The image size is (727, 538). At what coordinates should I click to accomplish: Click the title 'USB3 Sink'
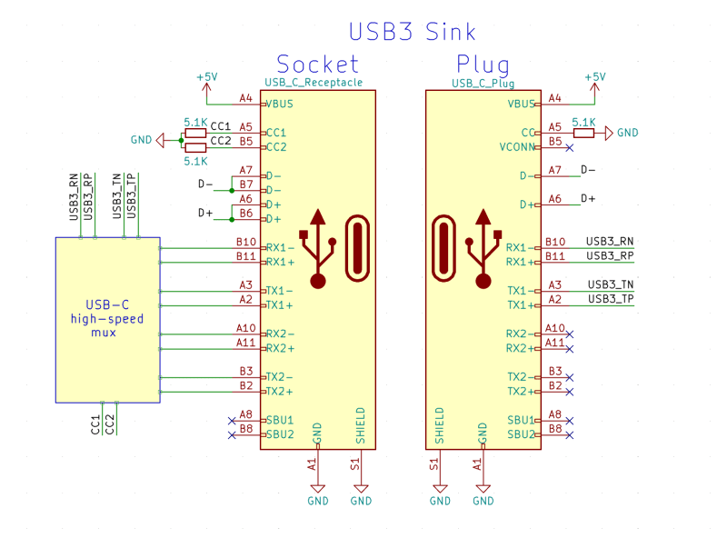pos(412,32)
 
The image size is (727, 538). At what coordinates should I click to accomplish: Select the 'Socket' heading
pos(317,64)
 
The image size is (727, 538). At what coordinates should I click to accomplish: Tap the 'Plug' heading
pos(483,64)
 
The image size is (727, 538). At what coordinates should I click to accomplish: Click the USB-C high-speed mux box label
pos(106,318)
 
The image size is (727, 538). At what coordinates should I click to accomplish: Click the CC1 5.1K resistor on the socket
pos(195,133)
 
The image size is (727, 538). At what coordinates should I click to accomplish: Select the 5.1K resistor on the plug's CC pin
pos(583,133)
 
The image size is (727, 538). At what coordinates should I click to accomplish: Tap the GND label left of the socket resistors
pos(142,140)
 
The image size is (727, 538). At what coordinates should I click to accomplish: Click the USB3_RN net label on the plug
pos(610,242)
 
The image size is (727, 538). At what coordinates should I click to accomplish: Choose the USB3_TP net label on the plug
pos(611,299)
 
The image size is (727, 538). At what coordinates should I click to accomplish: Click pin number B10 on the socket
pos(245,242)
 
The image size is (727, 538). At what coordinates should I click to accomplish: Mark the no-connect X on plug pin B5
pos(569,147)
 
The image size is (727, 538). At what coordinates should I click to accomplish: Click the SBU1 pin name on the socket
pos(279,420)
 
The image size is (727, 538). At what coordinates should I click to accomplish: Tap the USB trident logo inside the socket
pos(318,247)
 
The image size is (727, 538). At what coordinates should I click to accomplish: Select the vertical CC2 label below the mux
pos(110,423)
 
